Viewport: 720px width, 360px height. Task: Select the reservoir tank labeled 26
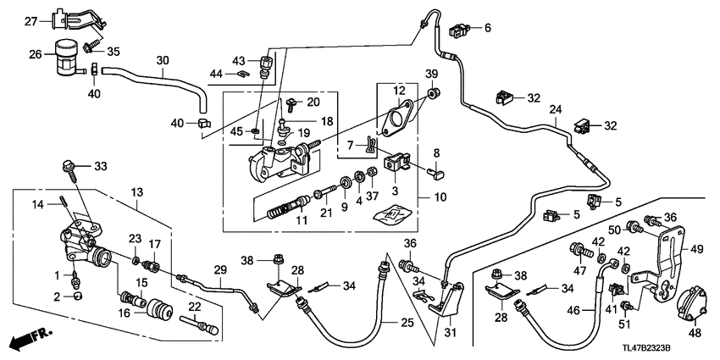(63, 58)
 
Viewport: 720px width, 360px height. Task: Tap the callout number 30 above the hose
(163, 59)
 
